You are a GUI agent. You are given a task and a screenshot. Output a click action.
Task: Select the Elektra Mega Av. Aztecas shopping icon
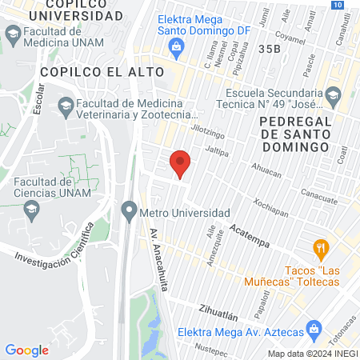tap(314, 328)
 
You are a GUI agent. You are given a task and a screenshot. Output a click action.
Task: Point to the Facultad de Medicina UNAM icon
tap(12, 34)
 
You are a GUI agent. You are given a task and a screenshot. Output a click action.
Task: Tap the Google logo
tap(26, 350)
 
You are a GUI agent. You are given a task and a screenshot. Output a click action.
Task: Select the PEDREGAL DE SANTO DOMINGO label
tap(294, 134)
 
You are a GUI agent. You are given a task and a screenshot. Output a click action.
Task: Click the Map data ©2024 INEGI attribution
tap(313, 353)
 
